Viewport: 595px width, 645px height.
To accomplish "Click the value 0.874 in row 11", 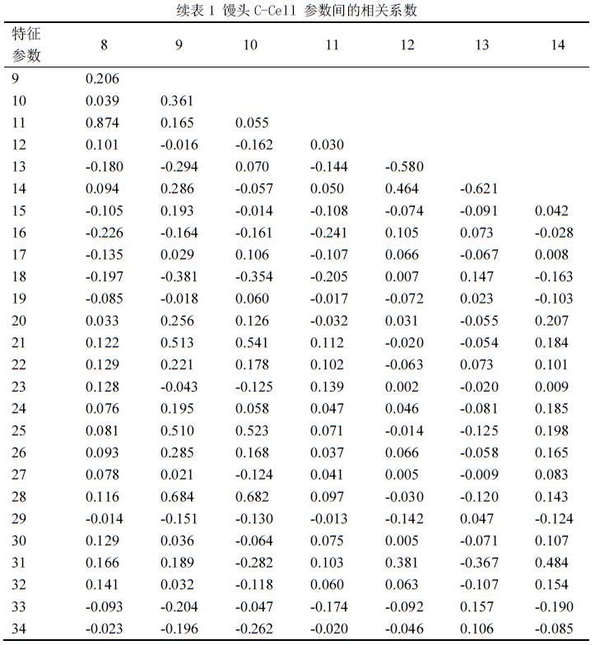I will (x=104, y=123).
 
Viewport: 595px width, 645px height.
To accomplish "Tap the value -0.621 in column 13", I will (x=481, y=188).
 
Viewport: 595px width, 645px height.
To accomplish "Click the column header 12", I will (x=407, y=44).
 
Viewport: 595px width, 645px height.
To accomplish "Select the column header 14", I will (x=558, y=44).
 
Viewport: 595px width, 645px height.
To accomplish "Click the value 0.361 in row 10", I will (x=179, y=100).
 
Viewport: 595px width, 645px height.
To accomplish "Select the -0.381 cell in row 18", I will (x=177, y=276).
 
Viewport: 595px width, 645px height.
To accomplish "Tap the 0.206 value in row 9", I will (x=104, y=79).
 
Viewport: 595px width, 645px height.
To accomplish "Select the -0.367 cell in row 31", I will (x=481, y=564).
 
